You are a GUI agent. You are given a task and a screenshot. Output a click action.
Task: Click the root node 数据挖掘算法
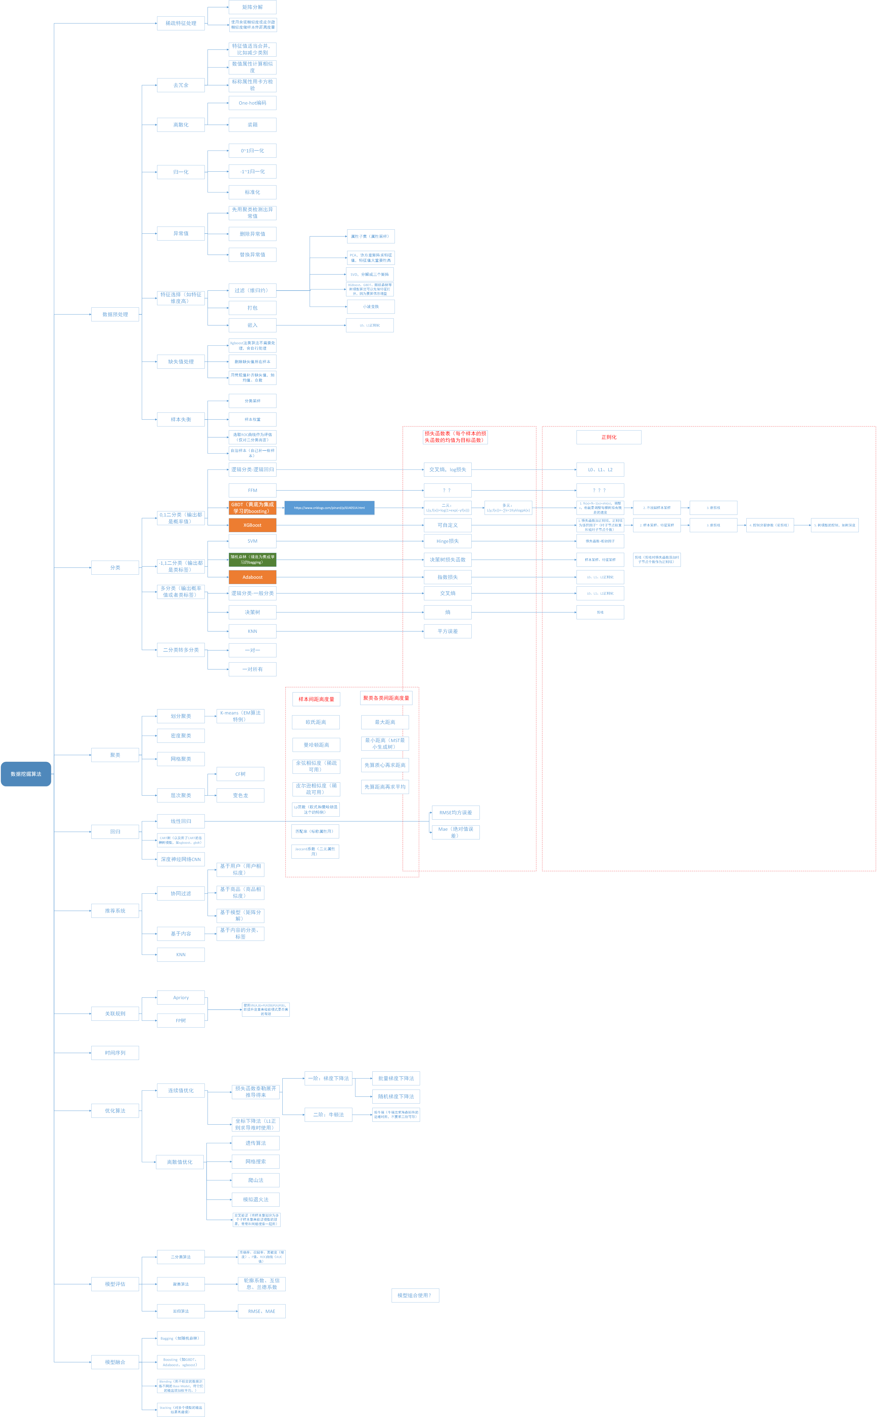coord(26,774)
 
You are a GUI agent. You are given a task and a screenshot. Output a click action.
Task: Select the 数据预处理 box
coord(115,314)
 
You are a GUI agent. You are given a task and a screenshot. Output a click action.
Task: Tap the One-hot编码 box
coord(252,103)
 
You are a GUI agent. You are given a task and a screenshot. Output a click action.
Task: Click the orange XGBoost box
coord(252,525)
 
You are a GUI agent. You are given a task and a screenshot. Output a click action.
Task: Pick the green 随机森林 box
coord(252,560)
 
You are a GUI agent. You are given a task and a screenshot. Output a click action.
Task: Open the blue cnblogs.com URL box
coord(329,508)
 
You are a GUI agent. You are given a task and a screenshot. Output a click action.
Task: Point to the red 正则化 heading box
coord(609,437)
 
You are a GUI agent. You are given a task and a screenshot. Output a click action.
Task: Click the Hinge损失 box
coord(447,541)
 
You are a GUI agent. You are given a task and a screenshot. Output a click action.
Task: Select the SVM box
coord(252,541)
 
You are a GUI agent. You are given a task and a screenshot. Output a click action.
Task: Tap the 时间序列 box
coord(115,1053)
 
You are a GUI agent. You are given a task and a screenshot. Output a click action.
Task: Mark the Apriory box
coord(181,998)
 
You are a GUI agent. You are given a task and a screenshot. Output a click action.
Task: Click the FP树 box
coord(181,1020)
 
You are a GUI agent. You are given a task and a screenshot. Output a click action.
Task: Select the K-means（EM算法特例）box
coord(240,716)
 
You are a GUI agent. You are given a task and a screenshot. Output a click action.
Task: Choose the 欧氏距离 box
coord(316,722)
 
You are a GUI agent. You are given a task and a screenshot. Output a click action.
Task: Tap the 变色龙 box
coord(240,795)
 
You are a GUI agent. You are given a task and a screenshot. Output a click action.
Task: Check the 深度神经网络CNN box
coord(181,859)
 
